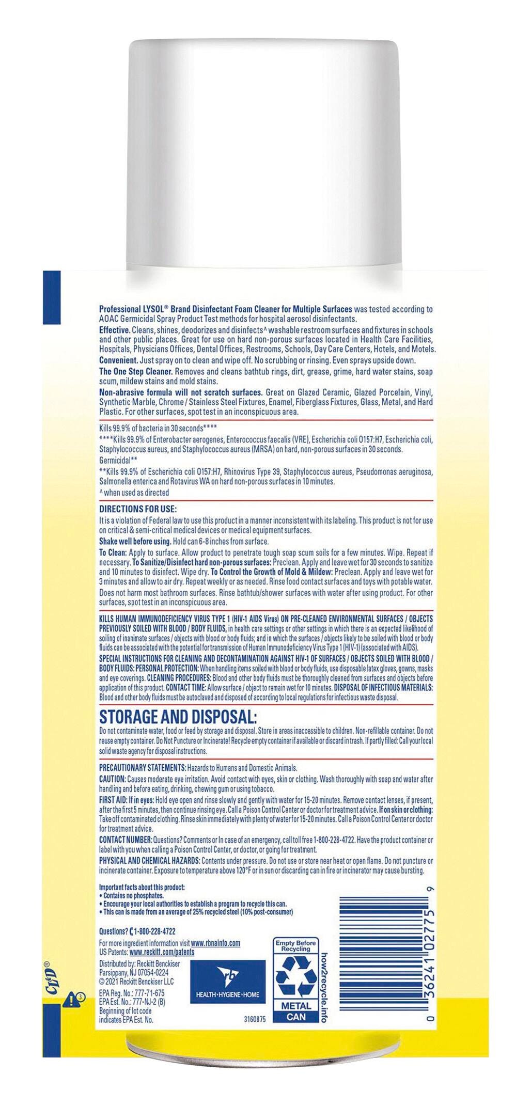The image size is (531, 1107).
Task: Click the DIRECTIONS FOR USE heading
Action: (x=138, y=509)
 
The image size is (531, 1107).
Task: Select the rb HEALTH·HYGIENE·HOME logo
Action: (x=228, y=979)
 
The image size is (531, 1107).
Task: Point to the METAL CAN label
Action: (x=296, y=1011)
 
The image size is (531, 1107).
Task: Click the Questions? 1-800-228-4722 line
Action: (x=137, y=931)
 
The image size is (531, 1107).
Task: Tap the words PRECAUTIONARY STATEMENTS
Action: (x=142, y=768)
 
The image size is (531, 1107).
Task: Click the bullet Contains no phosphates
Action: (x=133, y=895)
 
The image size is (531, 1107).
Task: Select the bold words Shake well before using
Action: (x=135, y=541)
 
